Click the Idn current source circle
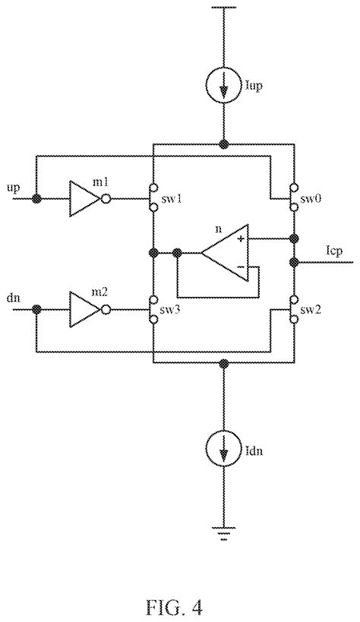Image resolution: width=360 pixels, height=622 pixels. (x=223, y=450)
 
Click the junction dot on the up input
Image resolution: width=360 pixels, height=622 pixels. (x=36, y=199)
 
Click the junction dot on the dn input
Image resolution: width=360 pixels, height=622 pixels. (x=36, y=309)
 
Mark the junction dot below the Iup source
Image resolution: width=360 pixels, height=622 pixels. (x=223, y=144)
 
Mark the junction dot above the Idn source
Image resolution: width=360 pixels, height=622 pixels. (x=223, y=364)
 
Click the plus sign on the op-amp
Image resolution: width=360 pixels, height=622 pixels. (x=242, y=239)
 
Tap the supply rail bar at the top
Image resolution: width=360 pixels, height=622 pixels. (x=223, y=9)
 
